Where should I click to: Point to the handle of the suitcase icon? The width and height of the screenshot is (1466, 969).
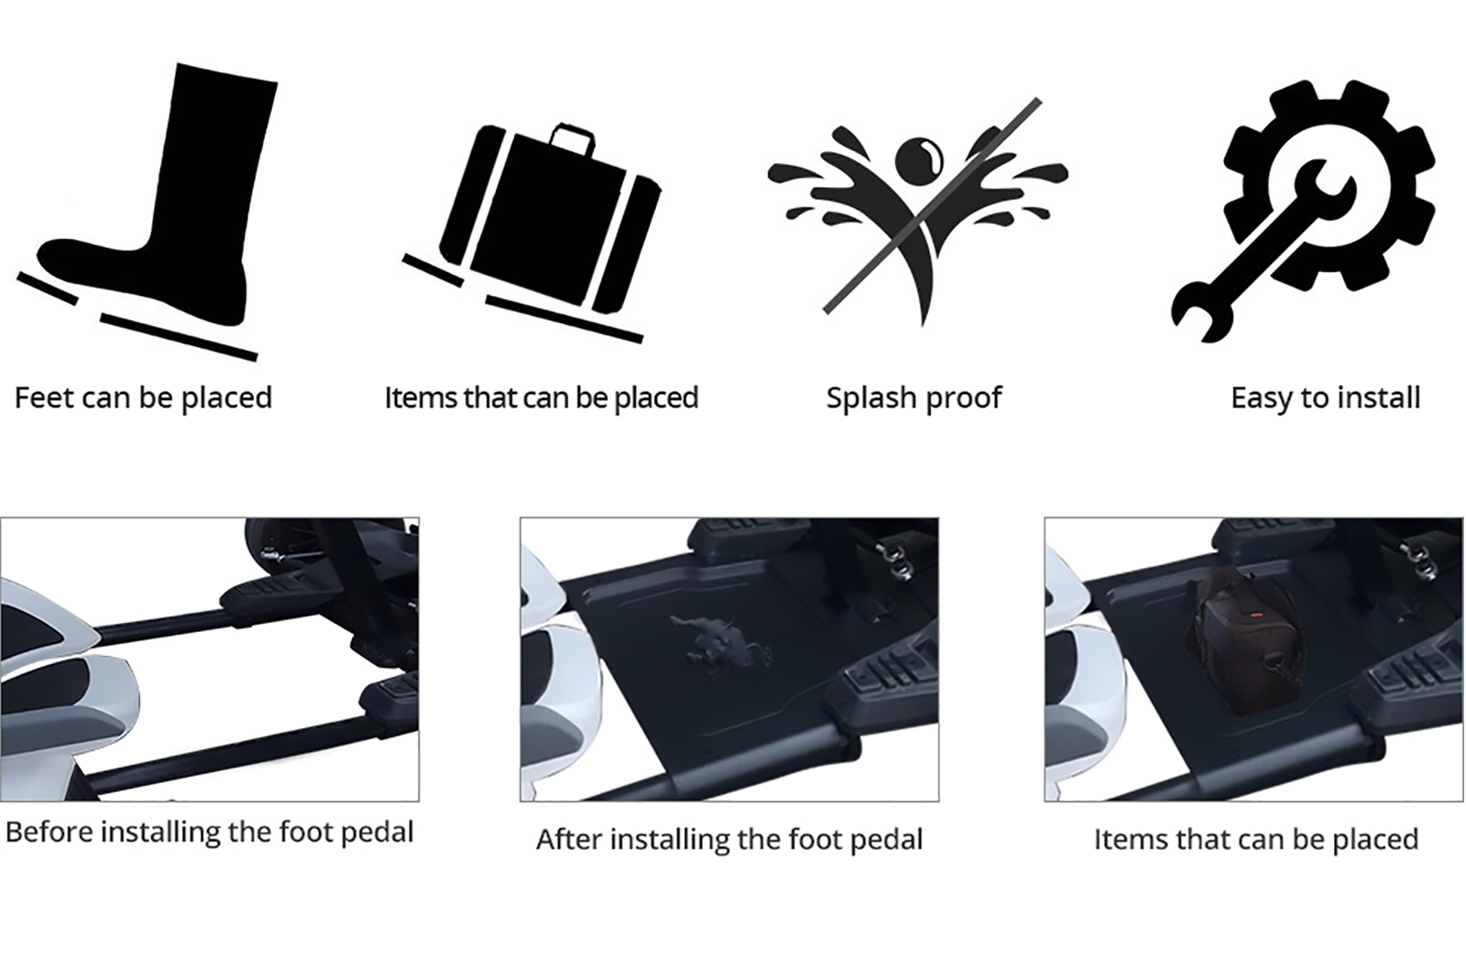click(x=572, y=137)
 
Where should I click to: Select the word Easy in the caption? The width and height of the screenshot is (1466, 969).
click(x=1261, y=398)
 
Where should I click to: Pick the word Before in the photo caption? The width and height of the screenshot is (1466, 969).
click(x=49, y=833)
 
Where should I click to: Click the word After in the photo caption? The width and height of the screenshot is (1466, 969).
click(x=569, y=840)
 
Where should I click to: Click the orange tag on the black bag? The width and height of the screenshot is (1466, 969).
click(x=1253, y=615)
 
